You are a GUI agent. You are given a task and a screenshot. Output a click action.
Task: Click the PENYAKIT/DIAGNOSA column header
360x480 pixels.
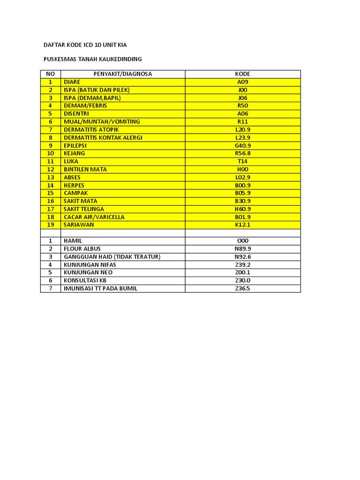123,74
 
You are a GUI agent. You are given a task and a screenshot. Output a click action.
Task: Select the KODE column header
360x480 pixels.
242,74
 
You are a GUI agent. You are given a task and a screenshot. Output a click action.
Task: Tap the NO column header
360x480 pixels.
51,74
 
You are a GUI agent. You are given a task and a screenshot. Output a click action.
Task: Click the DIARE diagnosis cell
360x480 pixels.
72,82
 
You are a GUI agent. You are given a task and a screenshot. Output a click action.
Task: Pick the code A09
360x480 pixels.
242,82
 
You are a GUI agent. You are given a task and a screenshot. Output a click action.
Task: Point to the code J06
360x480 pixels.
242,98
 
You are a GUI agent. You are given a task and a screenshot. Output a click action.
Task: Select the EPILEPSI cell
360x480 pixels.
75,146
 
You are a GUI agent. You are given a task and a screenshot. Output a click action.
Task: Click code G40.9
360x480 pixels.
242,146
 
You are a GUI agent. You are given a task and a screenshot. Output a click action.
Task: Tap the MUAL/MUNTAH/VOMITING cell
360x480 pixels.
95,122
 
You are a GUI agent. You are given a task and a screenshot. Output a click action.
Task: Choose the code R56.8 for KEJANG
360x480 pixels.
242,154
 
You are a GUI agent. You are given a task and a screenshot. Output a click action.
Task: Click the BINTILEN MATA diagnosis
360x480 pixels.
85,169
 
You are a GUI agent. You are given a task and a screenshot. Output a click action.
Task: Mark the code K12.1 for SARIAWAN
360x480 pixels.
242,225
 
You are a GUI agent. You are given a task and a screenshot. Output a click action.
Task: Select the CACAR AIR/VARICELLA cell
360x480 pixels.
91,217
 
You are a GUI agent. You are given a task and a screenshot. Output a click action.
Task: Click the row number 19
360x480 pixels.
51,225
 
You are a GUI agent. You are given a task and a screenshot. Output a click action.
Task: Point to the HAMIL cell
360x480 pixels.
73,241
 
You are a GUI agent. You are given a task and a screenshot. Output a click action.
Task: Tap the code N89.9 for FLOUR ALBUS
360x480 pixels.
242,249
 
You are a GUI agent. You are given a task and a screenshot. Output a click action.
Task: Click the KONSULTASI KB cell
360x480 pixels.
85,280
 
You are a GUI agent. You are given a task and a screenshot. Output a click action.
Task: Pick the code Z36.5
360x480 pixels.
242,288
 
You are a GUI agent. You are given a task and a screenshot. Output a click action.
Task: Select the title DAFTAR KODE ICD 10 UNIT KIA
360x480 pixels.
85,45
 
